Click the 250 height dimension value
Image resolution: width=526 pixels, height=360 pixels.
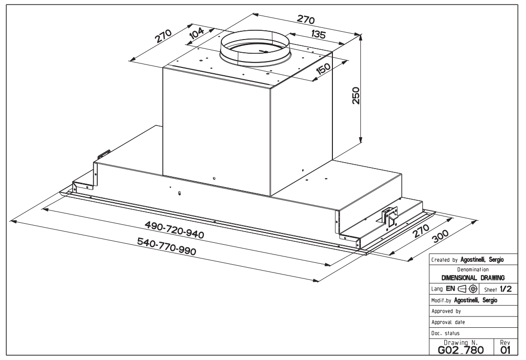pyautogui.click(x=356, y=96)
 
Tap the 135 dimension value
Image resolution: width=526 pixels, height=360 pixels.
pyautogui.click(x=318, y=34)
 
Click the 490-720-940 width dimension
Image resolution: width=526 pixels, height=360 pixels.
pyautogui.click(x=174, y=230)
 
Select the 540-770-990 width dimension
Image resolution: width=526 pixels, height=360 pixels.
pyautogui.click(x=167, y=246)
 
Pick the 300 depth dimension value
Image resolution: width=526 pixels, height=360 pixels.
pyautogui.click(x=440, y=236)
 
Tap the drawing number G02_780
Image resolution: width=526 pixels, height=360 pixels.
pyautogui.click(x=461, y=350)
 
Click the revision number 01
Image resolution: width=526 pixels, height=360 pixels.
pyautogui.click(x=505, y=350)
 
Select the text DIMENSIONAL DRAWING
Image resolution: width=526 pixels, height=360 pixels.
pyautogui.click(x=473, y=278)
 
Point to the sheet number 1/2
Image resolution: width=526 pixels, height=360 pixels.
pyautogui.click(x=506, y=289)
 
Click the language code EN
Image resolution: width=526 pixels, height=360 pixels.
pyautogui.click(x=450, y=289)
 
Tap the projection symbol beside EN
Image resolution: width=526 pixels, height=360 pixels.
pyautogui.click(x=467, y=289)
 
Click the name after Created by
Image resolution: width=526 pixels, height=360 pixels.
pyautogui.click(x=482, y=260)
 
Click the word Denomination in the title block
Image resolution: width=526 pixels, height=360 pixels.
pyautogui.click(x=473, y=270)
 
